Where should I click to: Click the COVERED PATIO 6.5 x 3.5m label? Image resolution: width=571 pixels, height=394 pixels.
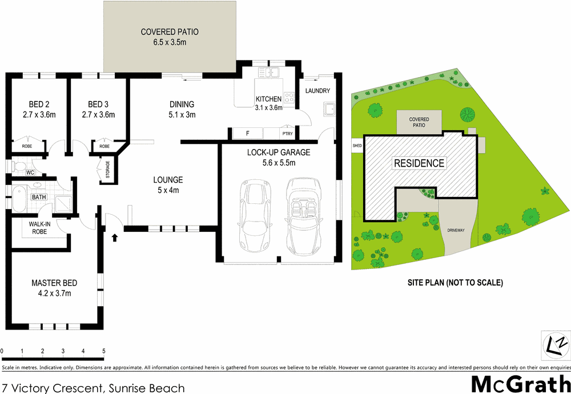[x=170, y=37]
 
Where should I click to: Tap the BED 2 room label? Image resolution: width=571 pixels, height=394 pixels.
[x=39, y=109]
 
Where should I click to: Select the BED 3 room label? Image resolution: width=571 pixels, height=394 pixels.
[x=98, y=109]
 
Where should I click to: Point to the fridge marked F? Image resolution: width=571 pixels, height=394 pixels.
[x=247, y=134]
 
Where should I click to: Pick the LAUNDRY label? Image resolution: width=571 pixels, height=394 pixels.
[x=317, y=91]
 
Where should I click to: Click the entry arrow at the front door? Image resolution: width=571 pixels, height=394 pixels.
[x=115, y=237]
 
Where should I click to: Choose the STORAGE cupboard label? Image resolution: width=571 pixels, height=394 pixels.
[x=107, y=170]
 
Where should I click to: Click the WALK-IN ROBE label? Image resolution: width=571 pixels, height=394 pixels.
[x=39, y=228]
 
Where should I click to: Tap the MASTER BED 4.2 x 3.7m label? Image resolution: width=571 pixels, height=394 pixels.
[x=54, y=288]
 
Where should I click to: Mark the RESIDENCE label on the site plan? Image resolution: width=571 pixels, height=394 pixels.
[x=419, y=163]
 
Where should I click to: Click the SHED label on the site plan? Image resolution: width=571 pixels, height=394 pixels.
[x=357, y=146]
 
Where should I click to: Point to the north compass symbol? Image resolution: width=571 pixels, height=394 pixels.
[x=553, y=344]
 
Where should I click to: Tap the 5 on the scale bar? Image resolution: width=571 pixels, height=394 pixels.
[x=103, y=351]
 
